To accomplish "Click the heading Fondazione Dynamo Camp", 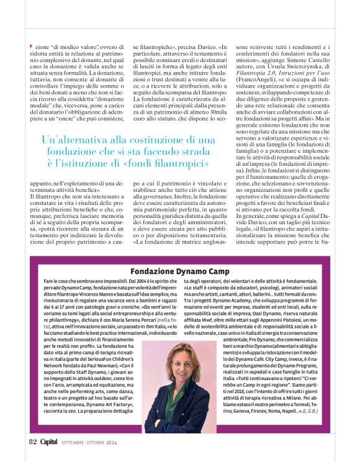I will pyautogui.click(x=179, y=271).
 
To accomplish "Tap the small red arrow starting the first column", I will pyautogui.click(x=32, y=47).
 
